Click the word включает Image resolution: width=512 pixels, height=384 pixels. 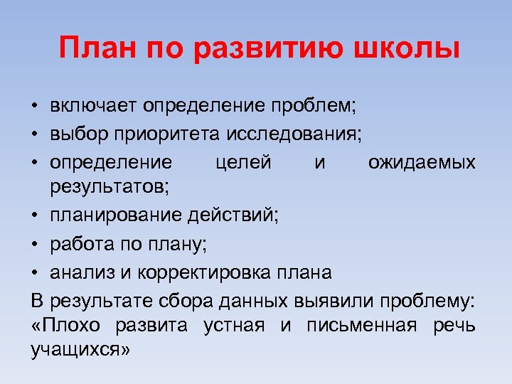[94, 106]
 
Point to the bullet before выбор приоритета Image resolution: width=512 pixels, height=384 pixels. [34, 134]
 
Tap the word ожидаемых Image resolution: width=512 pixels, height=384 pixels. [422, 161]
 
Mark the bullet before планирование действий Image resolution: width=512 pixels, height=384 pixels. [34, 217]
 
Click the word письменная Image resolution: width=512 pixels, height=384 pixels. [363, 327]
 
